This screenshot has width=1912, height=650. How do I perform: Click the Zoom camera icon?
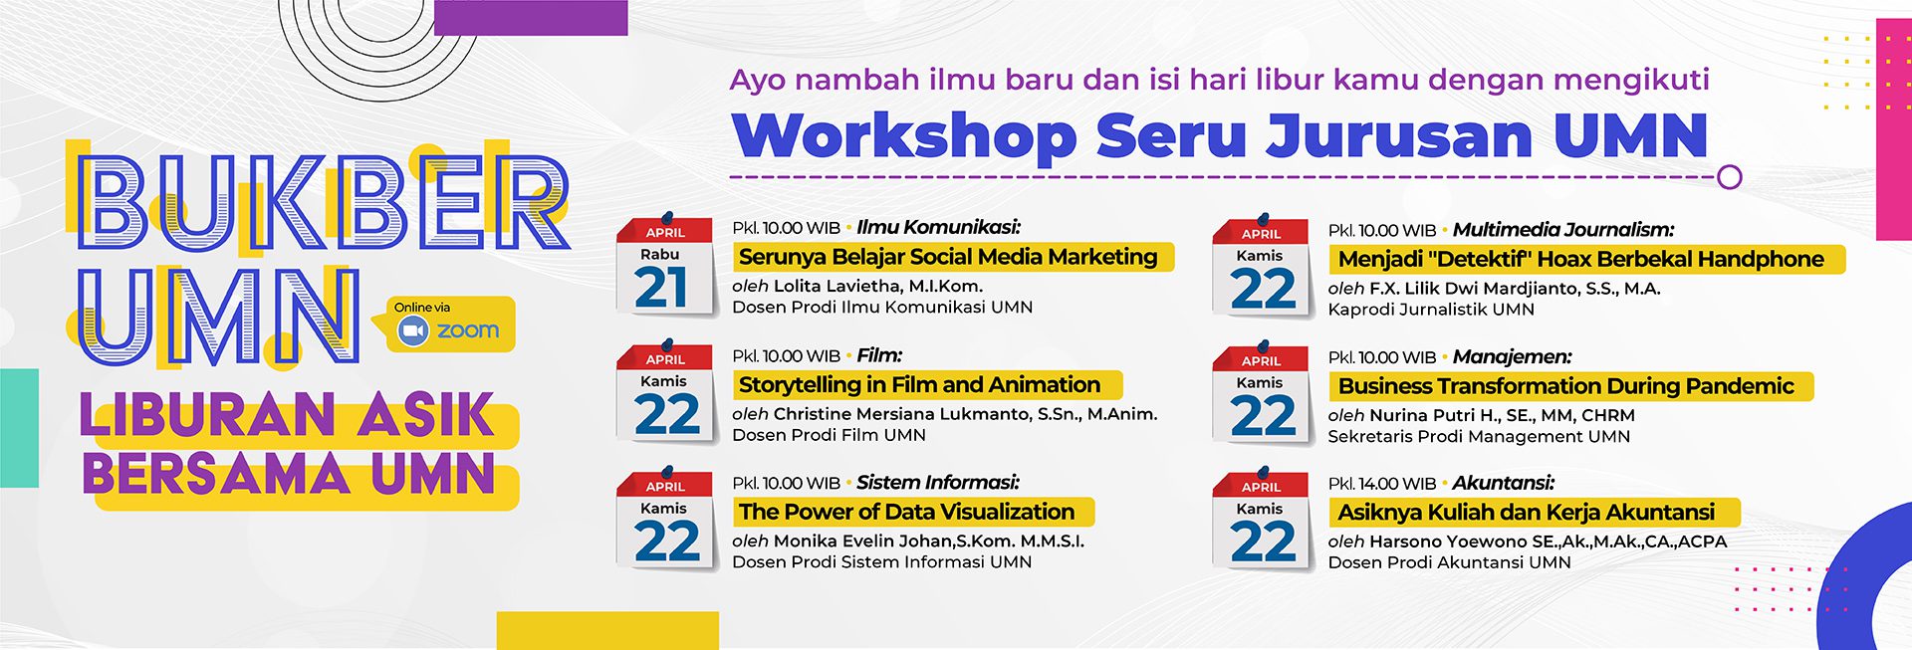(x=412, y=330)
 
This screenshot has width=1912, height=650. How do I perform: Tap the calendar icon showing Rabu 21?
(x=666, y=266)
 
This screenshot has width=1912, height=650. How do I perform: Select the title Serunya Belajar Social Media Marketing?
(x=948, y=257)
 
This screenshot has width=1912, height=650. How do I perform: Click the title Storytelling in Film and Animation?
(x=919, y=384)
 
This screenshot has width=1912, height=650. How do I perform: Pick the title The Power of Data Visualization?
(x=906, y=512)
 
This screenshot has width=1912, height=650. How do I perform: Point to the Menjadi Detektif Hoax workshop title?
(x=1580, y=259)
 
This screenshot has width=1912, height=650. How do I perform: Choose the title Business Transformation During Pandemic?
(x=1565, y=386)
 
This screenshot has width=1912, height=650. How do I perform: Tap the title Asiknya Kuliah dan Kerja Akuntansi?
(x=1526, y=513)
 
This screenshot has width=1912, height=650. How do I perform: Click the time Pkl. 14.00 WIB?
(x=1382, y=484)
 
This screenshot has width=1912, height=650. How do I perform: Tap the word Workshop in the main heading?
(x=904, y=136)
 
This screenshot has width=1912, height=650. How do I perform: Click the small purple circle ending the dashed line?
(x=1730, y=177)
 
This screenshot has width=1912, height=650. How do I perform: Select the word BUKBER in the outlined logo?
(x=324, y=203)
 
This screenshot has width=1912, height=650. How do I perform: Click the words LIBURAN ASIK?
(x=287, y=416)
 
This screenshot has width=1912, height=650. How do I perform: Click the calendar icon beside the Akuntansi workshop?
(x=1262, y=520)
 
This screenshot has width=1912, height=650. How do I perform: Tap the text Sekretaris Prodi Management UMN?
(x=1479, y=436)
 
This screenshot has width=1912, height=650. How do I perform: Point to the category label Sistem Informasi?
(x=938, y=483)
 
